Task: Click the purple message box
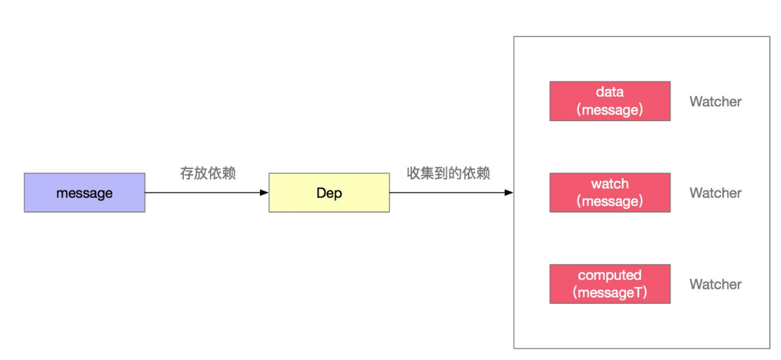pos(84,192)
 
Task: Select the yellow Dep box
pos(329,192)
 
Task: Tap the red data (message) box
pos(610,101)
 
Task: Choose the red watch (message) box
pos(610,192)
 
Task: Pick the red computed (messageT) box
pos(610,284)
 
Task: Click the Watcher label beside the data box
pos(715,102)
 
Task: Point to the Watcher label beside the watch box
pos(715,193)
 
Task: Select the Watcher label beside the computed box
pos(715,284)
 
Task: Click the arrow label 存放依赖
pos(207,173)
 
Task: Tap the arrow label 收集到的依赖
pos(449,173)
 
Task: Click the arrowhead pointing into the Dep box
pos(264,192)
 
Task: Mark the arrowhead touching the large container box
pos(508,192)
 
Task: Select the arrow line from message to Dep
pos(202,192)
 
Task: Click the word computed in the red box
pos(610,275)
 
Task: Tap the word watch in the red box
pos(610,184)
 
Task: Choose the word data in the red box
pos(610,93)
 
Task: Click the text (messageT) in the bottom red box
pos(610,293)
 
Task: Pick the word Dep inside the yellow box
pos(329,193)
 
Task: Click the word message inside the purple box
pos(84,193)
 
